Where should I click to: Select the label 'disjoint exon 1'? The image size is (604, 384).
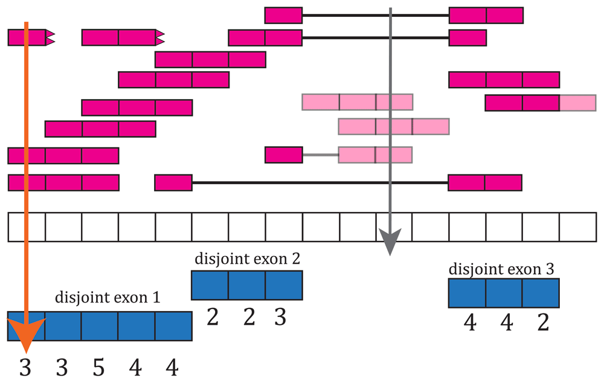[108, 297]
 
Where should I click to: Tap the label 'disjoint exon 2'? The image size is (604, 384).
[247, 259]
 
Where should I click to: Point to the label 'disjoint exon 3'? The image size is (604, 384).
[501, 269]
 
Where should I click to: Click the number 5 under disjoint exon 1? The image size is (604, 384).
[98, 368]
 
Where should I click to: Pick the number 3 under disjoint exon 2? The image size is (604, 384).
[280, 318]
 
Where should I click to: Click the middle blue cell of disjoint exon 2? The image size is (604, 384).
[247, 286]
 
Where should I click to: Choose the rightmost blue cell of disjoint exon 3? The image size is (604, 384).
[541, 293]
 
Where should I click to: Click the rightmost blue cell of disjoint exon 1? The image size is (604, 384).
[173, 326]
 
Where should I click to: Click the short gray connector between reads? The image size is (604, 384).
[321, 155]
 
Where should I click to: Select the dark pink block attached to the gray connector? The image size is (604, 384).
[283, 155]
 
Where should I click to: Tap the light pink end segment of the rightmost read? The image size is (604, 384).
[577, 103]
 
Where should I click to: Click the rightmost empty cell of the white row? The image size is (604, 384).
[577, 227]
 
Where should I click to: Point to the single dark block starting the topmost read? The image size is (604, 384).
[283, 16]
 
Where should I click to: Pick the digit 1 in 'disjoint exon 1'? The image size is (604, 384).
[156, 298]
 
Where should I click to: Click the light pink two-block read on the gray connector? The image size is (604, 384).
[375, 155]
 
